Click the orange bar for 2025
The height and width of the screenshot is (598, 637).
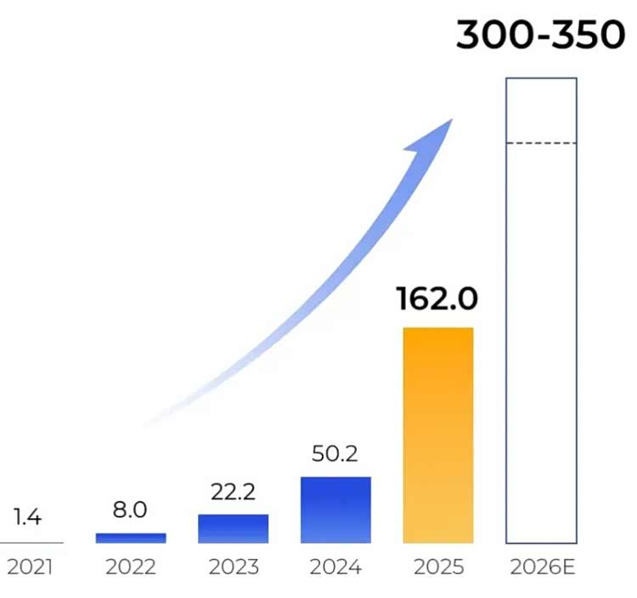438,435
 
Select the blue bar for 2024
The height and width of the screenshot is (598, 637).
335,510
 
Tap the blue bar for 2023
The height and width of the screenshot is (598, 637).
233,528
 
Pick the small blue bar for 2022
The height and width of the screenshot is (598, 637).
131,538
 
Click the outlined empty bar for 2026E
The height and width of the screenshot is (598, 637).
541,340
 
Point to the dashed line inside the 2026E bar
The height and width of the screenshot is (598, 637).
541,144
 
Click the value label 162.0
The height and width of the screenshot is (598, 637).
437,299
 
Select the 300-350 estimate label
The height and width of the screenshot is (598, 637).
540,36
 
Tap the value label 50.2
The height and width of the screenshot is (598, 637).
335,454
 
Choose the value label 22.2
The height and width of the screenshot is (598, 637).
233,492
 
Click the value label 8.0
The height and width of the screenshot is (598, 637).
130,510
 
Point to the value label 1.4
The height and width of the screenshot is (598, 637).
27,516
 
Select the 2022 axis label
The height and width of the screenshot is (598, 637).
131,567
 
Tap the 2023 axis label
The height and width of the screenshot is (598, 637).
233,567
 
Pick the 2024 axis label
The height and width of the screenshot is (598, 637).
335,567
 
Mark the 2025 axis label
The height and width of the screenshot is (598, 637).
438,567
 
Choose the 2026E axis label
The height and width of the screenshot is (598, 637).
543,567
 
